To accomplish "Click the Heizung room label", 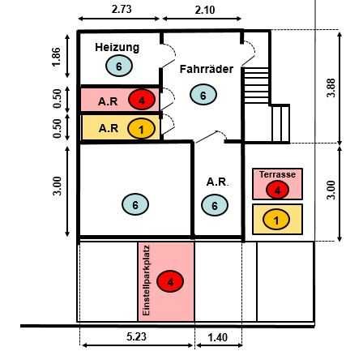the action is [117, 48].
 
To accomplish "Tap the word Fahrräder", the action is [207, 69].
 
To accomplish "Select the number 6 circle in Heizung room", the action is [119, 66].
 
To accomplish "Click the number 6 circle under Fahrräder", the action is [203, 95].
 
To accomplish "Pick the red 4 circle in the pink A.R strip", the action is [142, 100].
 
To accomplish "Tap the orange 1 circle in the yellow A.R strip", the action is [141, 129].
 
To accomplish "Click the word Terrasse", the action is [277, 174].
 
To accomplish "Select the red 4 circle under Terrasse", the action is [277, 190].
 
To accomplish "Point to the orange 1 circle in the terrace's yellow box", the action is [276, 220].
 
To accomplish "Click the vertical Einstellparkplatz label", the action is [146, 280].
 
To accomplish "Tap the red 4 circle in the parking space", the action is [170, 281].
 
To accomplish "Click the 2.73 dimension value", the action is [122, 9].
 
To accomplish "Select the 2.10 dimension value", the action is [205, 10].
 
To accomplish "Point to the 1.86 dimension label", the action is [57, 57].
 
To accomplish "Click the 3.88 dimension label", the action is [331, 88].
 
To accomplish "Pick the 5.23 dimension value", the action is [136, 336].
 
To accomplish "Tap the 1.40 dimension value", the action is [217, 337].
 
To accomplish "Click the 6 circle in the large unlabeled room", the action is [135, 204].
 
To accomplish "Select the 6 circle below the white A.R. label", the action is [215, 205].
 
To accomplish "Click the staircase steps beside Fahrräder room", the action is [256, 85].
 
